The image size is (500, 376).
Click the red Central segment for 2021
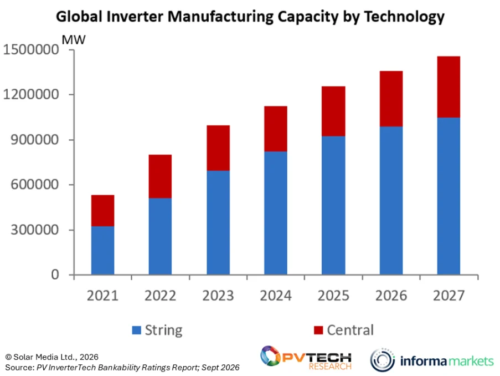pyautogui.click(x=102, y=211)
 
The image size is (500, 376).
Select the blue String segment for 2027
pyautogui.click(x=449, y=196)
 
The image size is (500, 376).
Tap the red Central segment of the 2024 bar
pyautogui.click(x=276, y=129)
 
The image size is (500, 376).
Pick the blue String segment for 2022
pyautogui.click(x=160, y=236)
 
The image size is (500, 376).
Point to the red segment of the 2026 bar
pyautogui.click(x=391, y=99)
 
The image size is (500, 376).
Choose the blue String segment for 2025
pyautogui.click(x=333, y=205)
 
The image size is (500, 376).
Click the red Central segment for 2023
pyautogui.click(x=218, y=148)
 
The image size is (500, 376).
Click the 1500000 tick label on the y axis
pyautogui.click(x=31, y=49)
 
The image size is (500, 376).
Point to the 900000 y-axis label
pyautogui.click(x=35, y=140)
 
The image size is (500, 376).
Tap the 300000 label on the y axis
pyautogui.click(x=35, y=230)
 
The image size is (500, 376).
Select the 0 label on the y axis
pyautogui.click(x=55, y=275)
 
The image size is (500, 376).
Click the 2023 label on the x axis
pyautogui.click(x=218, y=296)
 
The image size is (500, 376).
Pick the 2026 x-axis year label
pyautogui.click(x=391, y=296)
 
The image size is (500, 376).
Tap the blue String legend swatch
pyautogui.click(x=136, y=330)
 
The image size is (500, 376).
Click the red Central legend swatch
pyautogui.click(x=318, y=330)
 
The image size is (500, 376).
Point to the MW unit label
pyautogui.click(x=74, y=40)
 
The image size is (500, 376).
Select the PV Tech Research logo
pyautogui.click(x=306, y=358)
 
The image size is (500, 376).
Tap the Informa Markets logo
pyautogui.click(x=432, y=360)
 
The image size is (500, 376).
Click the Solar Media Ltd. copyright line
pyautogui.click(x=51, y=357)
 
